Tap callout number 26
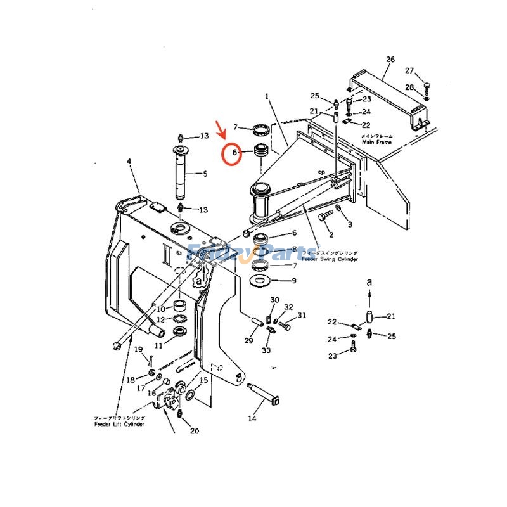point(390,60)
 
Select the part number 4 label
point(129,162)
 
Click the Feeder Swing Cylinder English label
point(330,260)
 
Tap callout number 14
point(252,418)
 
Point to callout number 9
point(293,280)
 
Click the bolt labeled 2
point(326,218)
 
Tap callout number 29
point(248,341)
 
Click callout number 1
point(267,96)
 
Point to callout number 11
point(158,345)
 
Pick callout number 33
point(266,350)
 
